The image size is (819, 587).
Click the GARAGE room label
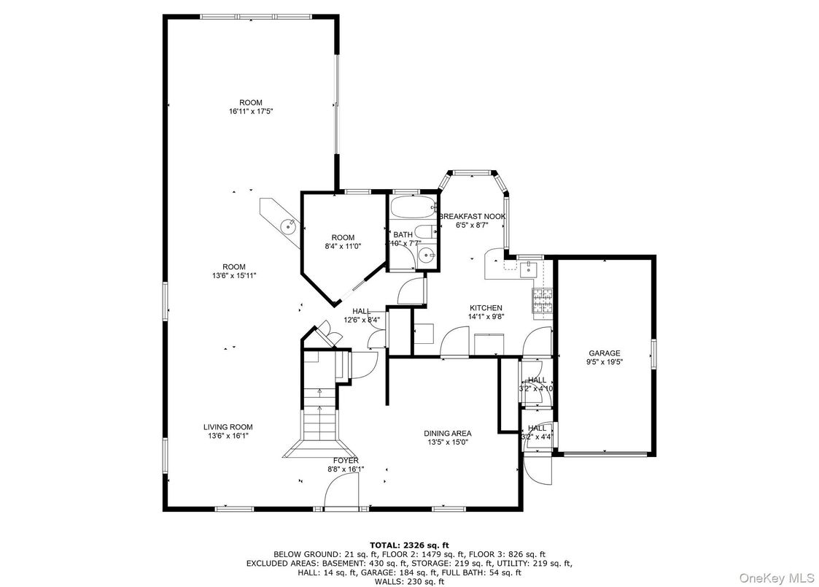click(605, 353)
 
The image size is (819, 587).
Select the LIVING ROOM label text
click(228, 426)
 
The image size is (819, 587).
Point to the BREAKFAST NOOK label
click(472, 217)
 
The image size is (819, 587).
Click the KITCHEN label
click(485, 307)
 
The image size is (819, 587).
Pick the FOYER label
click(346, 460)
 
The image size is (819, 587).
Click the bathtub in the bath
click(411, 207)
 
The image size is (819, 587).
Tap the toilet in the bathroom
click(429, 232)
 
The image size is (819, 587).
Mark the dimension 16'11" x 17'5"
click(250, 112)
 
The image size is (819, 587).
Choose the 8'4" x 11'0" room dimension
click(343, 247)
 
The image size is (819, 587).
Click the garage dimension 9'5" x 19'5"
click(605, 361)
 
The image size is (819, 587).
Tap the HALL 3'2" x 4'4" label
click(537, 432)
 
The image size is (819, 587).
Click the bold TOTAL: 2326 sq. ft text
click(409, 545)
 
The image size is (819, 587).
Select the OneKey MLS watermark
click(777, 578)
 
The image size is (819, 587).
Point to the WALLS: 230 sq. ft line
click(409, 581)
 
